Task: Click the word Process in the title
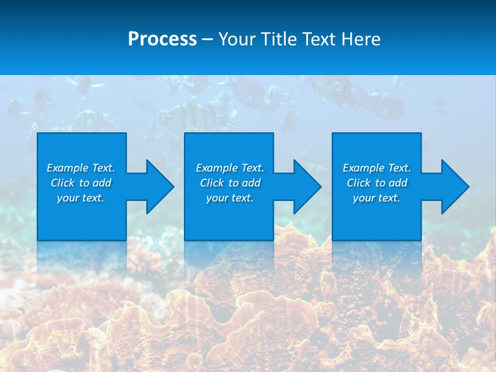pos(162,39)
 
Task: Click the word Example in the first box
pos(68,168)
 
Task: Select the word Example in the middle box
pos(217,168)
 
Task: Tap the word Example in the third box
pos(364,168)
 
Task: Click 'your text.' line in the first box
pos(81,198)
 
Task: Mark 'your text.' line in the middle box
pos(229,198)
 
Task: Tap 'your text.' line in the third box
pos(376,198)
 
